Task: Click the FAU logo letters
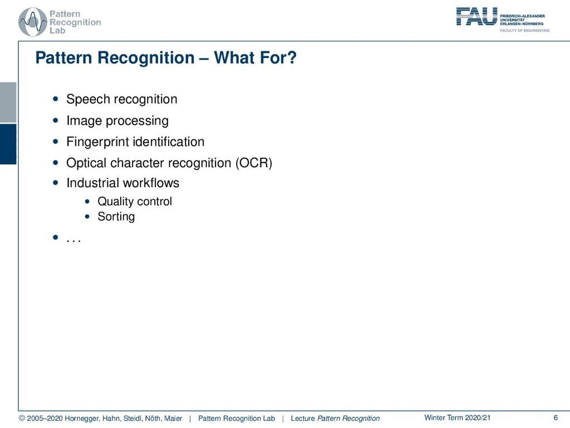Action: click(476, 16)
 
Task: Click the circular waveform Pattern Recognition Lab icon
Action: click(33, 22)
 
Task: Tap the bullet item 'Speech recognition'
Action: click(121, 99)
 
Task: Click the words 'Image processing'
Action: click(117, 120)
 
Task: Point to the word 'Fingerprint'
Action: click(97, 142)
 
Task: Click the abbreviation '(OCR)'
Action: click(253, 163)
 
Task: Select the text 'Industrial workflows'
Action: click(122, 183)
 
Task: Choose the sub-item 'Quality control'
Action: click(135, 201)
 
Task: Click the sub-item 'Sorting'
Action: click(116, 217)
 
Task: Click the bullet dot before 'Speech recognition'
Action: click(55, 99)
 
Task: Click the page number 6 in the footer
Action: click(555, 418)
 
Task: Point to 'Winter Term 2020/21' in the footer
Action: click(457, 418)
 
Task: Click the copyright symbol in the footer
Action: click(22, 419)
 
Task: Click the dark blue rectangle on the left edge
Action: click(8, 144)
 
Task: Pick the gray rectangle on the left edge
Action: click(8, 102)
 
